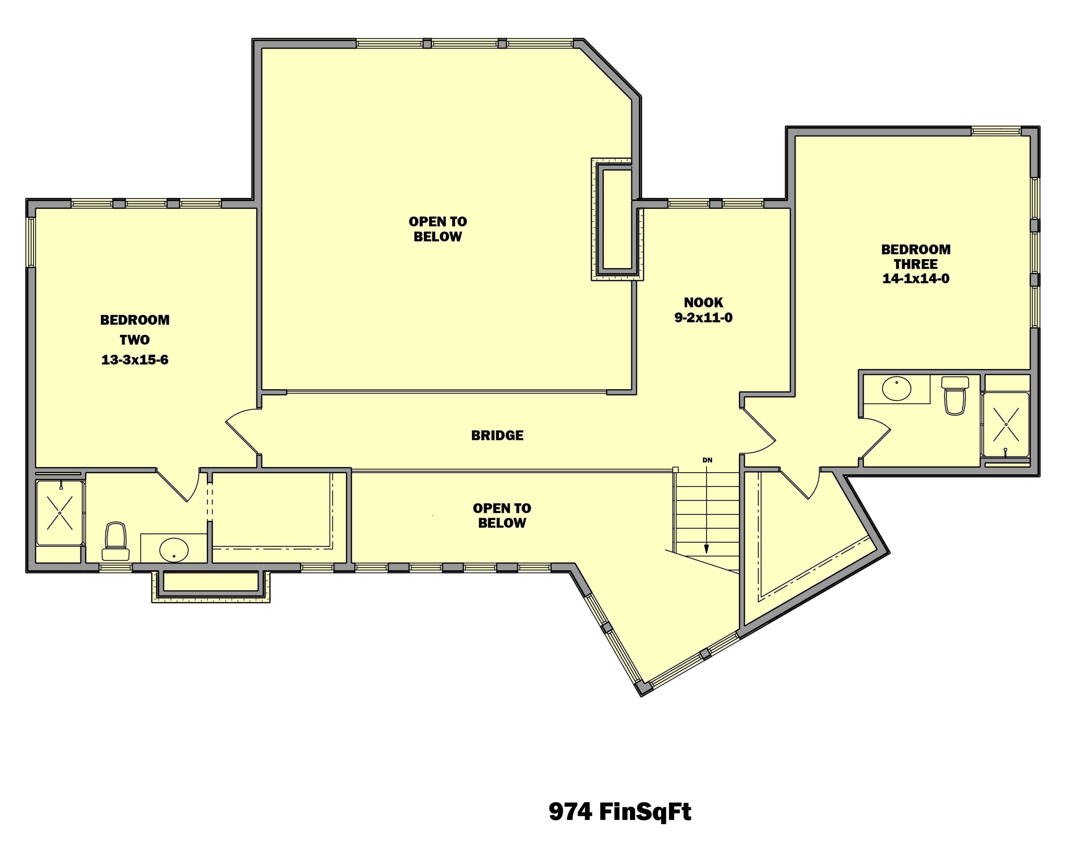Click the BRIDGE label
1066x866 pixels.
497,436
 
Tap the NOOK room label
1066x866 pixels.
703,302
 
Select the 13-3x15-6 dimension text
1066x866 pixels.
135,360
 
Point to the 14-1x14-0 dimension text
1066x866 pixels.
915,278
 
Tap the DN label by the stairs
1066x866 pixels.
707,460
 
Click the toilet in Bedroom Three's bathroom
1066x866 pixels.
954,396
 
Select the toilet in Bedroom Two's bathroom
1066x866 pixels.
116,542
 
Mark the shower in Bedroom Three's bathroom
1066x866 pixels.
1006,424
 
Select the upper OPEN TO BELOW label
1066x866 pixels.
438,229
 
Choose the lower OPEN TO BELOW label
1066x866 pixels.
501,515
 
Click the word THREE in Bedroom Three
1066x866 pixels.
915,264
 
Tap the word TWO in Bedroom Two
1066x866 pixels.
135,340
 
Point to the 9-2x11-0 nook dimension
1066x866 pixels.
703,318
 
